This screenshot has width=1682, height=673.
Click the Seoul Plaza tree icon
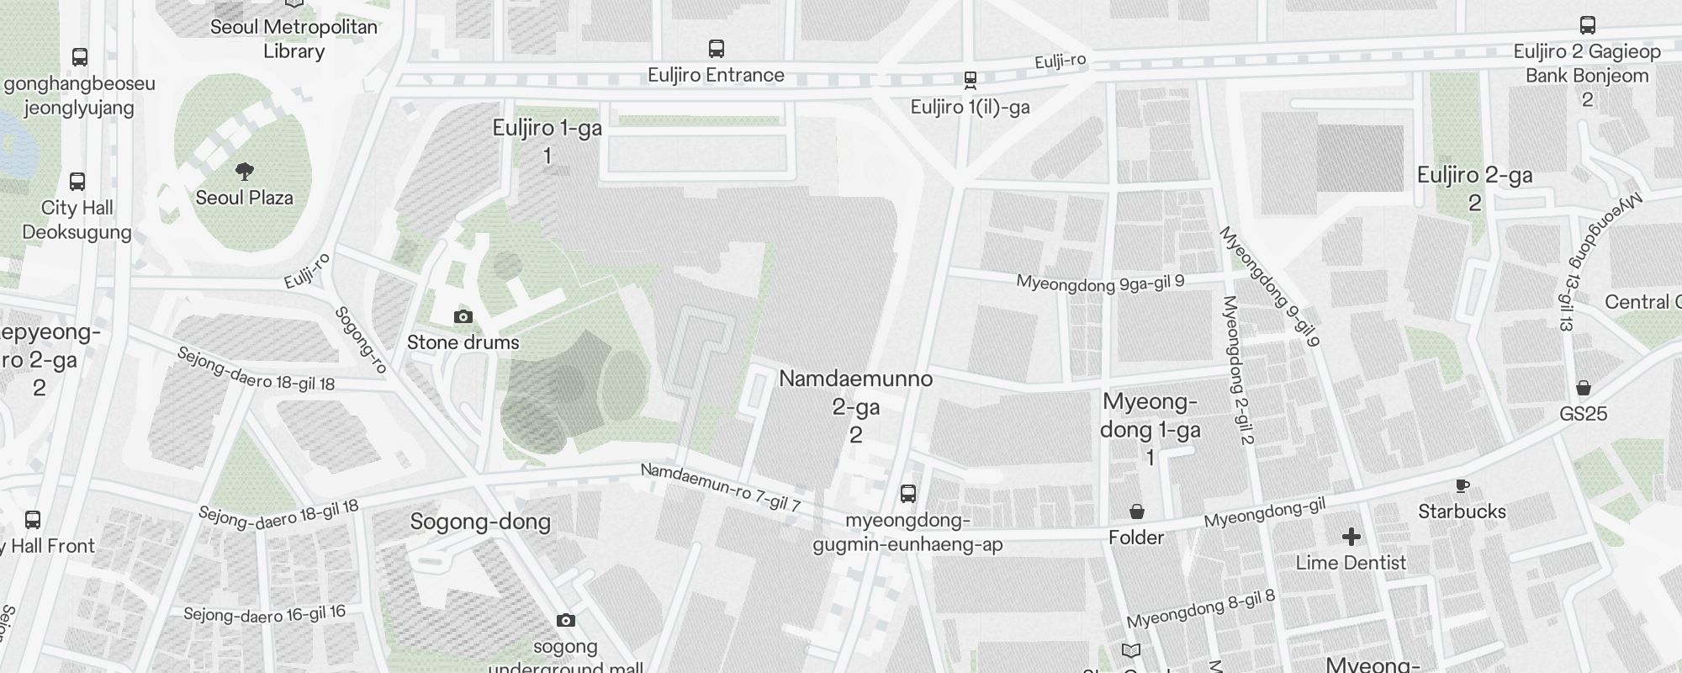(x=245, y=172)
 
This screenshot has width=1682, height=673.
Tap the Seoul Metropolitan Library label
(x=294, y=39)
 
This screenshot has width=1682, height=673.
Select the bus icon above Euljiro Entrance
(x=717, y=48)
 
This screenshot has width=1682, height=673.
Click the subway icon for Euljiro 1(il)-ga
(x=970, y=80)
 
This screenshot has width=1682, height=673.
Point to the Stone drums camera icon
(x=463, y=316)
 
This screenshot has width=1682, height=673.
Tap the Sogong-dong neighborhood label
(x=480, y=522)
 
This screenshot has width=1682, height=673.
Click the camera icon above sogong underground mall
(x=566, y=620)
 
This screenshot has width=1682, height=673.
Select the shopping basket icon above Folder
(x=1136, y=511)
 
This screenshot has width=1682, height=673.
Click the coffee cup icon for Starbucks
(x=1462, y=485)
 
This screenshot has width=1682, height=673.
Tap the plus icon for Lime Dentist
(x=1351, y=537)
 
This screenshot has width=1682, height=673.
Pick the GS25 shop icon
(x=1583, y=388)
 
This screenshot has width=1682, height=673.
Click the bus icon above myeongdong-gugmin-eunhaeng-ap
(x=907, y=493)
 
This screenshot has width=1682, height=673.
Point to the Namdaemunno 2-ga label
(x=855, y=406)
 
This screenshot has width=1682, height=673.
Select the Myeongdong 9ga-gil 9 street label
(x=1100, y=283)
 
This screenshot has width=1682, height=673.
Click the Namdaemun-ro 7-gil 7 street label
(x=720, y=487)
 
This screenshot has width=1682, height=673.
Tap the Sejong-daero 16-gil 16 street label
(x=264, y=614)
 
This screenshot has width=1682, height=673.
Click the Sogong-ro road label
(x=360, y=339)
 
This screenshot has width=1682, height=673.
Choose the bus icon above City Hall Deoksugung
(x=77, y=181)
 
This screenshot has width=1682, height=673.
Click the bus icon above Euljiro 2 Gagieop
(x=1587, y=25)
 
